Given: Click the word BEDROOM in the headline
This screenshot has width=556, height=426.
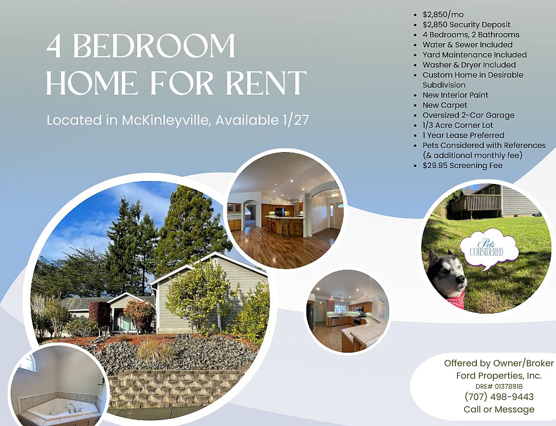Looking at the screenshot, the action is pos(154,46).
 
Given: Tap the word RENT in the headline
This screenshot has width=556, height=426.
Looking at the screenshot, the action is pos(266,83).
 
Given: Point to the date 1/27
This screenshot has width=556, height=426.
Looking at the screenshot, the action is pos(296,120).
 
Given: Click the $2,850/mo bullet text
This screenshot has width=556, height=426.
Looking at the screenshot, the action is pos(443,15).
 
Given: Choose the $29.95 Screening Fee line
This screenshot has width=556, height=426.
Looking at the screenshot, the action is pos(463,165).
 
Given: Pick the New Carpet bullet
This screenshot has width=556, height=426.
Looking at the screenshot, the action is pos(445,105).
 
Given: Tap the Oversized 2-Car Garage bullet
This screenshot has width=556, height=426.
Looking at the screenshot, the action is pos(468,115).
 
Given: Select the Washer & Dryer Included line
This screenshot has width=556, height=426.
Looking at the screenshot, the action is pos(469,65).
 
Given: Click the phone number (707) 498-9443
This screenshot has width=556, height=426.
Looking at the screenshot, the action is pos(499,396).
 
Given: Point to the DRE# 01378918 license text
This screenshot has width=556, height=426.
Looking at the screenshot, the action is pos(499,386).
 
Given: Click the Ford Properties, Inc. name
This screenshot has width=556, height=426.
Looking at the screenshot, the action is pos(499,375).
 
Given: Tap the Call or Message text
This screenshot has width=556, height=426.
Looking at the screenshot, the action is pos(499,409).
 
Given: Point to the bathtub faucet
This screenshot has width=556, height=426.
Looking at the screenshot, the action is pos(72,408).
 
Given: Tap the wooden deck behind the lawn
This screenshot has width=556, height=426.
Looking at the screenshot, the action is pos(476,205).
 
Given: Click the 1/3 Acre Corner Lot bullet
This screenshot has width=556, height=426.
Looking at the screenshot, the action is pos(457,125).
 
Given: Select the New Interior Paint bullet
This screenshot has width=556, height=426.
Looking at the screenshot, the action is pos(455,95).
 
